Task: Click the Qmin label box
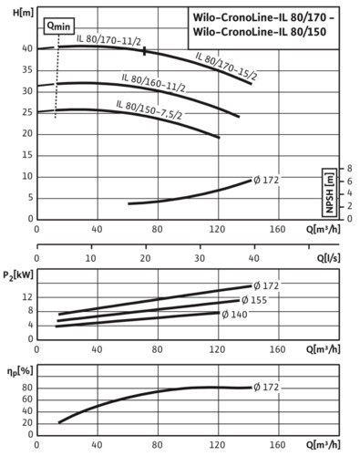click(59, 26)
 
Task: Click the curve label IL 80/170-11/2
click(108, 40)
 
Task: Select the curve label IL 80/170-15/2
click(226, 66)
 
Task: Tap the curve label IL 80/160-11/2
click(153, 82)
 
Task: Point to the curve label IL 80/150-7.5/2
click(149, 109)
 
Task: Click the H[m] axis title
click(24, 13)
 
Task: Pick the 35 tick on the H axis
click(27, 70)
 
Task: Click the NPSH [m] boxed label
click(330, 192)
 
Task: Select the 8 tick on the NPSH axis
click(349, 168)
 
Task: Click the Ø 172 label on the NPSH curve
click(266, 181)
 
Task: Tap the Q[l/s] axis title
click(329, 258)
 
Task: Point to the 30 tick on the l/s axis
click(200, 258)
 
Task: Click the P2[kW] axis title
click(18, 275)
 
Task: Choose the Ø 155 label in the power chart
click(254, 300)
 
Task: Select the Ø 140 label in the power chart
click(234, 315)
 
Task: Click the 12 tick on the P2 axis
click(27, 297)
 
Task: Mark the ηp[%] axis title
click(20, 371)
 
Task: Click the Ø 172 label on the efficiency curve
click(266, 388)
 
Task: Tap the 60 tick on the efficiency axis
click(27, 399)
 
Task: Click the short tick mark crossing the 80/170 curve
click(145, 51)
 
